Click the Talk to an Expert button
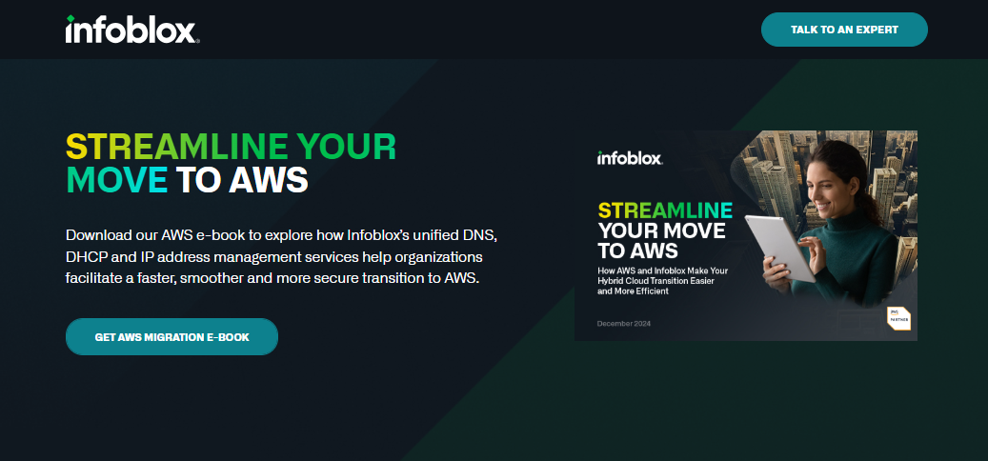click(844, 30)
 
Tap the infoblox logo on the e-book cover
click(629, 158)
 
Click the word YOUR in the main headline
click(346, 147)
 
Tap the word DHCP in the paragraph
click(88, 257)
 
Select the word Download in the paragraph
click(100, 234)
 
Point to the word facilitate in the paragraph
click(98, 279)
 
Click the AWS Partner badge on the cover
click(898, 317)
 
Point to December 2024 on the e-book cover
click(623, 324)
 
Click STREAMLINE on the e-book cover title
click(665, 210)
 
